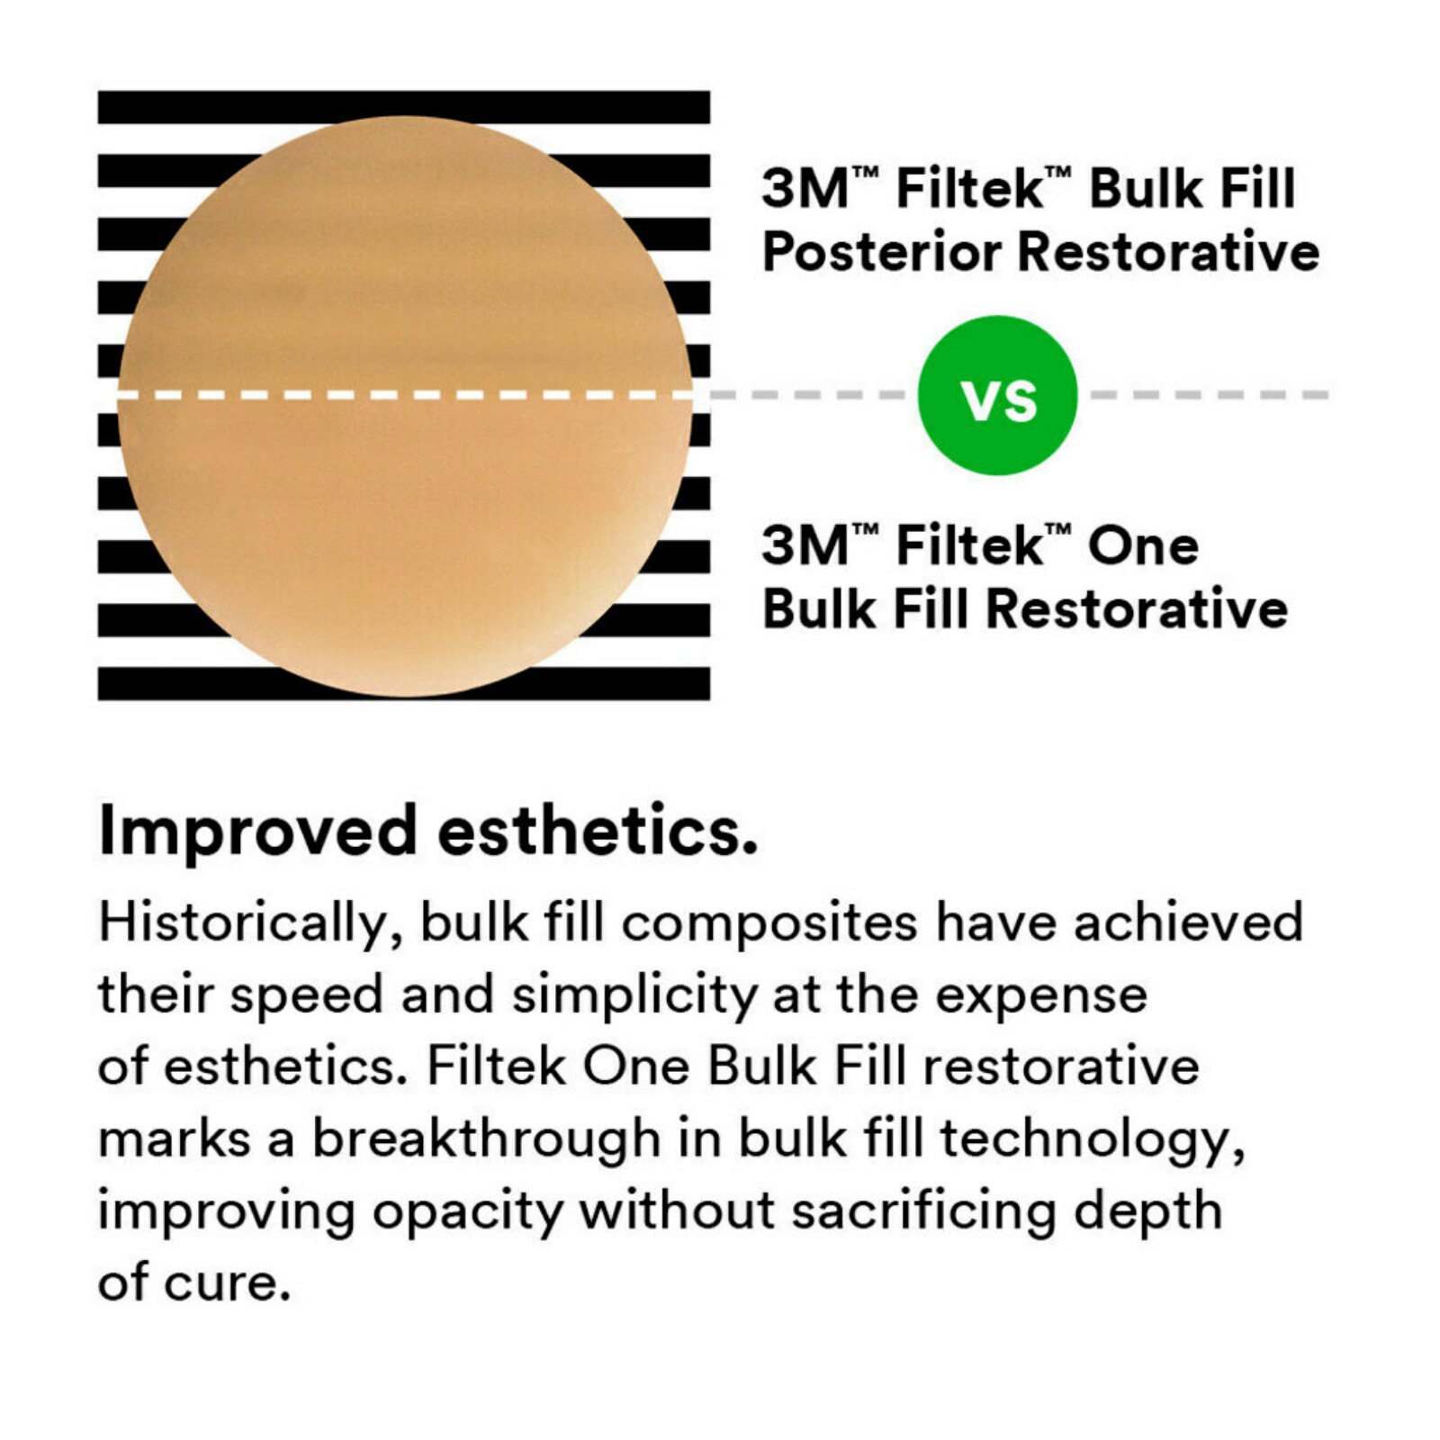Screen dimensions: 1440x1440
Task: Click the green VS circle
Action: click(997, 395)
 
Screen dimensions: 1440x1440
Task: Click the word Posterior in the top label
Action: click(881, 252)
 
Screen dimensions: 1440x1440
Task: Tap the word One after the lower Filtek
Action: click(1143, 546)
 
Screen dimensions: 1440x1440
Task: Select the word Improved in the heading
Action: click(257, 832)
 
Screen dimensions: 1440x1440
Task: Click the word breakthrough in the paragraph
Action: click(486, 1139)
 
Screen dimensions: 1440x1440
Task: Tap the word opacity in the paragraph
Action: click(467, 1211)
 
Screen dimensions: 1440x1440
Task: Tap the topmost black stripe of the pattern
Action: click(403, 105)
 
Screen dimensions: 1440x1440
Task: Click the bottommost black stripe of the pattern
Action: click(403, 685)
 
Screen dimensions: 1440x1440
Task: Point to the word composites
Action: click(770, 924)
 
